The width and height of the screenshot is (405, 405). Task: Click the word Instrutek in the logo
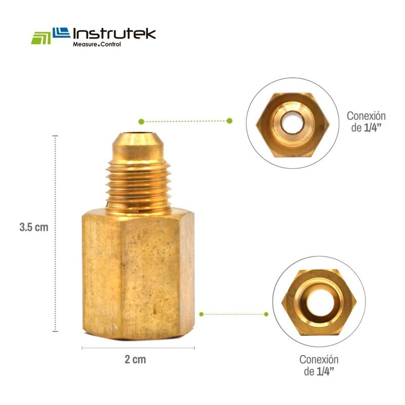click(114, 34)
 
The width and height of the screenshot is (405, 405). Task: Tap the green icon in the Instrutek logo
click(41, 38)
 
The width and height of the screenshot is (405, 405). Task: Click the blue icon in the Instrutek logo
click(61, 32)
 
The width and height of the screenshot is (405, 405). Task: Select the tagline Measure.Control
click(97, 44)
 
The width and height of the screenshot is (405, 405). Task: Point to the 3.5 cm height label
click(34, 227)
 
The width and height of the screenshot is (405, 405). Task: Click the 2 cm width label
click(135, 359)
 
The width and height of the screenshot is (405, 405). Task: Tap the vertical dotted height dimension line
click(55, 233)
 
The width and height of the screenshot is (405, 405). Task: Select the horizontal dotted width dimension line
click(138, 348)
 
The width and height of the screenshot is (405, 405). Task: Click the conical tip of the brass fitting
click(138, 146)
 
